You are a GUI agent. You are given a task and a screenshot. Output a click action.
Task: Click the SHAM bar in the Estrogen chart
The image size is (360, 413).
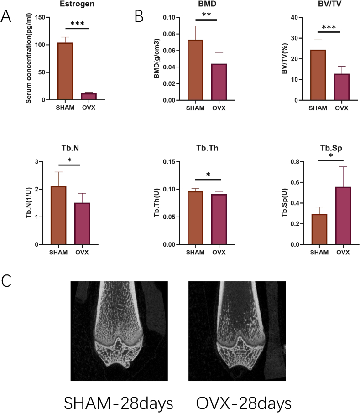pyautogui.click(x=65, y=71)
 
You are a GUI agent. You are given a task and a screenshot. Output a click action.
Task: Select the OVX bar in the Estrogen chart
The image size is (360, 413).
pyautogui.click(x=89, y=96)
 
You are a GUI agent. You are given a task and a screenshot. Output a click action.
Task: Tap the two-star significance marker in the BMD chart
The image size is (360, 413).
pyautogui.click(x=206, y=15)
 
